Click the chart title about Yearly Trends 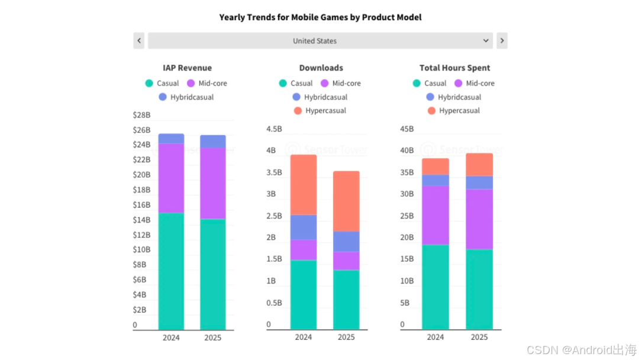pyautogui.click(x=320, y=17)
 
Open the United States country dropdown pyautogui.click(x=320, y=41)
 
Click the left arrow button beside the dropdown pyautogui.click(x=139, y=41)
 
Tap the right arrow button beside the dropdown pyautogui.click(x=502, y=41)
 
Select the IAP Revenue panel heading pyautogui.click(x=187, y=68)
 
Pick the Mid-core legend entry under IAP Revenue pyautogui.click(x=207, y=83)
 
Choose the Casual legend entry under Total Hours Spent pyautogui.click(x=430, y=83)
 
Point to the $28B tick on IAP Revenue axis pyautogui.click(x=141, y=115)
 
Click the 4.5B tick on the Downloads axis pyautogui.click(x=274, y=129)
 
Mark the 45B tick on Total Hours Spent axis pyautogui.click(x=407, y=129)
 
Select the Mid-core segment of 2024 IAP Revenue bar pyautogui.click(x=171, y=178)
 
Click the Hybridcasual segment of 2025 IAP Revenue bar pyautogui.click(x=213, y=141)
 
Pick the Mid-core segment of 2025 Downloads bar pyautogui.click(x=346, y=261)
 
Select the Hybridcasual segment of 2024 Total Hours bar pyautogui.click(x=435, y=180)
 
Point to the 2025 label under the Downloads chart pyautogui.click(x=346, y=337)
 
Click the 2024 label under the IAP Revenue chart pyautogui.click(x=171, y=337)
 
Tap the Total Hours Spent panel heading pyautogui.click(x=454, y=68)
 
